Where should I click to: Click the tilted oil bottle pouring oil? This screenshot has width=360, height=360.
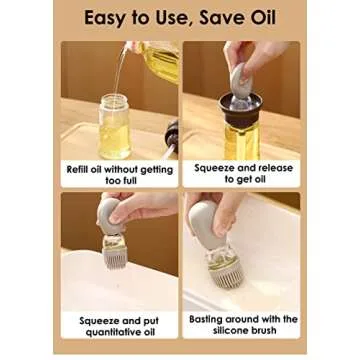pos(155,66)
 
